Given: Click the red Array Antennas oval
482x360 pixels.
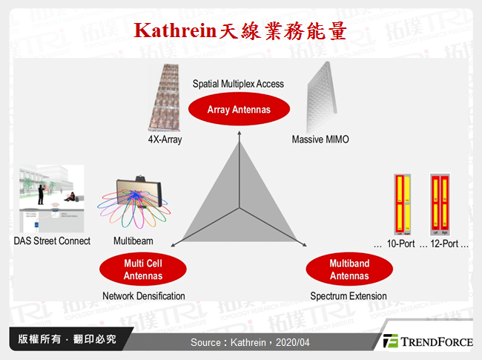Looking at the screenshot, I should tap(238, 110).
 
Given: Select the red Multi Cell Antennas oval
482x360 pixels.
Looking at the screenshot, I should tap(144, 269).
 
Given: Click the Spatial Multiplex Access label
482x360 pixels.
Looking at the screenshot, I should tap(238, 84).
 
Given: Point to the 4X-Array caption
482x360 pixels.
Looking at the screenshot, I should tap(165, 140).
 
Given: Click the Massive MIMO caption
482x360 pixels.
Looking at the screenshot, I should tap(320, 140).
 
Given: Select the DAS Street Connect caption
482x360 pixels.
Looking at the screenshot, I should tap(52, 240).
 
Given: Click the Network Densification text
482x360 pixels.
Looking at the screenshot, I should tap(144, 296).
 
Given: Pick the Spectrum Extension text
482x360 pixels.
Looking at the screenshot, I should tap(349, 296).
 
